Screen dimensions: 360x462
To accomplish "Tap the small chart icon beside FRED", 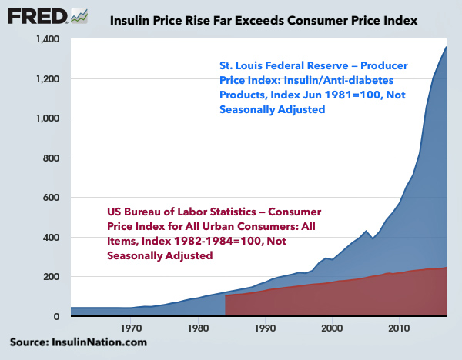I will point(79,15).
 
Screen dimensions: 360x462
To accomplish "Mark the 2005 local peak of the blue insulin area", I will point(366,231).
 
